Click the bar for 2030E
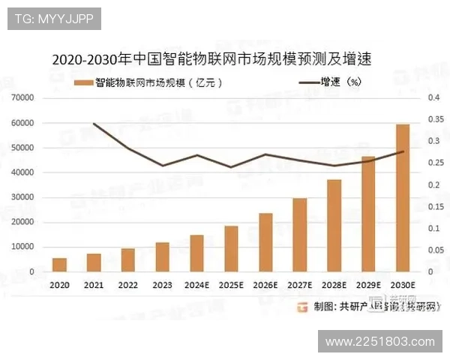[x=403, y=198]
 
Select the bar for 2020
[x=58, y=265]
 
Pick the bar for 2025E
[x=231, y=248]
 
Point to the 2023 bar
[x=162, y=256]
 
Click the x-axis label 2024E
[x=196, y=285]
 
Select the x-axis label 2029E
[x=368, y=285]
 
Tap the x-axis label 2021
[x=93, y=285]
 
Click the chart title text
[x=211, y=58]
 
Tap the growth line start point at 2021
[x=93, y=124]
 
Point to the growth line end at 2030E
[x=403, y=151]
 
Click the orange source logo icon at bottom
[x=303, y=306]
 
